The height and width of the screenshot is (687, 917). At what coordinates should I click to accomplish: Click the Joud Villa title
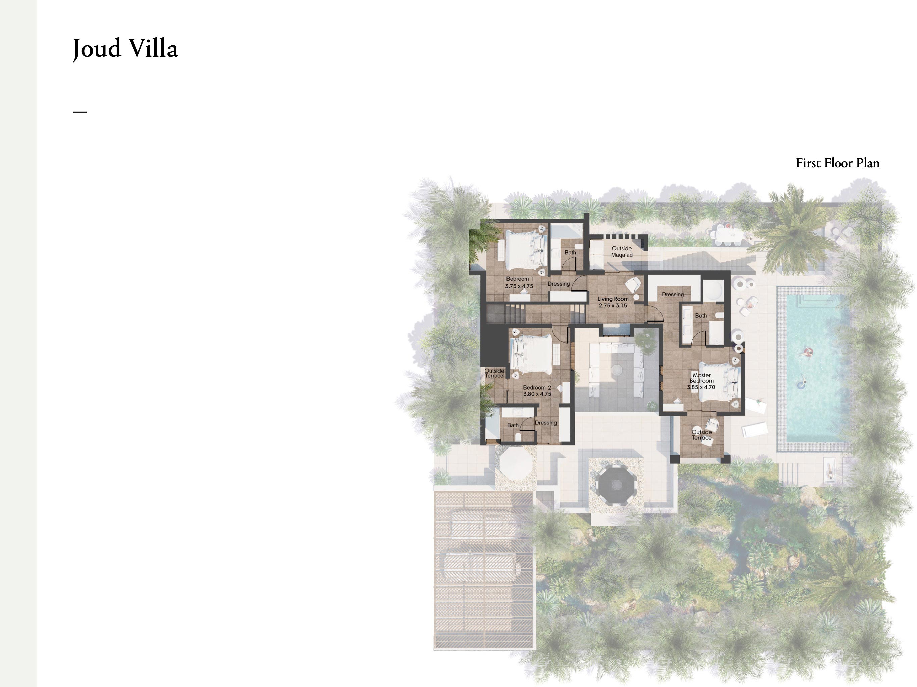[125, 49]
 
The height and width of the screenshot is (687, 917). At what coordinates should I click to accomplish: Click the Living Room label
[613, 299]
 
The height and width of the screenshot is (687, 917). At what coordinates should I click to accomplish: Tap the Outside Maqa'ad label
[621, 252]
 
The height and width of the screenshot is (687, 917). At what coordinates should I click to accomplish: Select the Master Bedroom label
[702, 378]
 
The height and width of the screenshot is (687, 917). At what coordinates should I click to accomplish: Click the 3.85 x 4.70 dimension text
[701, 387]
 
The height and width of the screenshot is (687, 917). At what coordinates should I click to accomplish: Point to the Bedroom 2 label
[537, 388]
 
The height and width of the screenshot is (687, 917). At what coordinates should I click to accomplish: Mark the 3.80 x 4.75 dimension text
[537, 394]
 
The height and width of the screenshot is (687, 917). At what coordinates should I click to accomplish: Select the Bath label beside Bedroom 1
[570, 252]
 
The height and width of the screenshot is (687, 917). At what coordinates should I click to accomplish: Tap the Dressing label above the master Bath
[672, 294]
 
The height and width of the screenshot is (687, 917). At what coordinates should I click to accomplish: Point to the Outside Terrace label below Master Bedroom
[702, 435]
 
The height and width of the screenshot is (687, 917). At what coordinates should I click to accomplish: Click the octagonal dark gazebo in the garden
[616, 484]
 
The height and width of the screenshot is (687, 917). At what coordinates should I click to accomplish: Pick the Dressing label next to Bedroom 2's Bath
[545, 423]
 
